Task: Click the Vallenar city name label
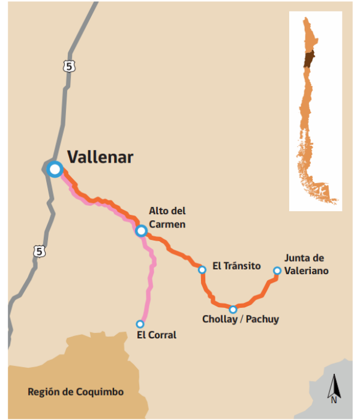(100, 157)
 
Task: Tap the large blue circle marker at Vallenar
(55, 169)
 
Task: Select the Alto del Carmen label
(167, 218)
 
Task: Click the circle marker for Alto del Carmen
(141, 231)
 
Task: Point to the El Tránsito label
(236, 265)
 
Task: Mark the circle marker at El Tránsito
(202, 270)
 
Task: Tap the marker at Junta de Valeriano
(277, 271)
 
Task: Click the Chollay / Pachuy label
(241, 319)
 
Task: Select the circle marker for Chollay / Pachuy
(233, 309)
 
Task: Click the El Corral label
(157, 335)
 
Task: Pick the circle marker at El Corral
(140, 323)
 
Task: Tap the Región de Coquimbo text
(76, 392)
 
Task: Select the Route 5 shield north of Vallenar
(71, 67)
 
